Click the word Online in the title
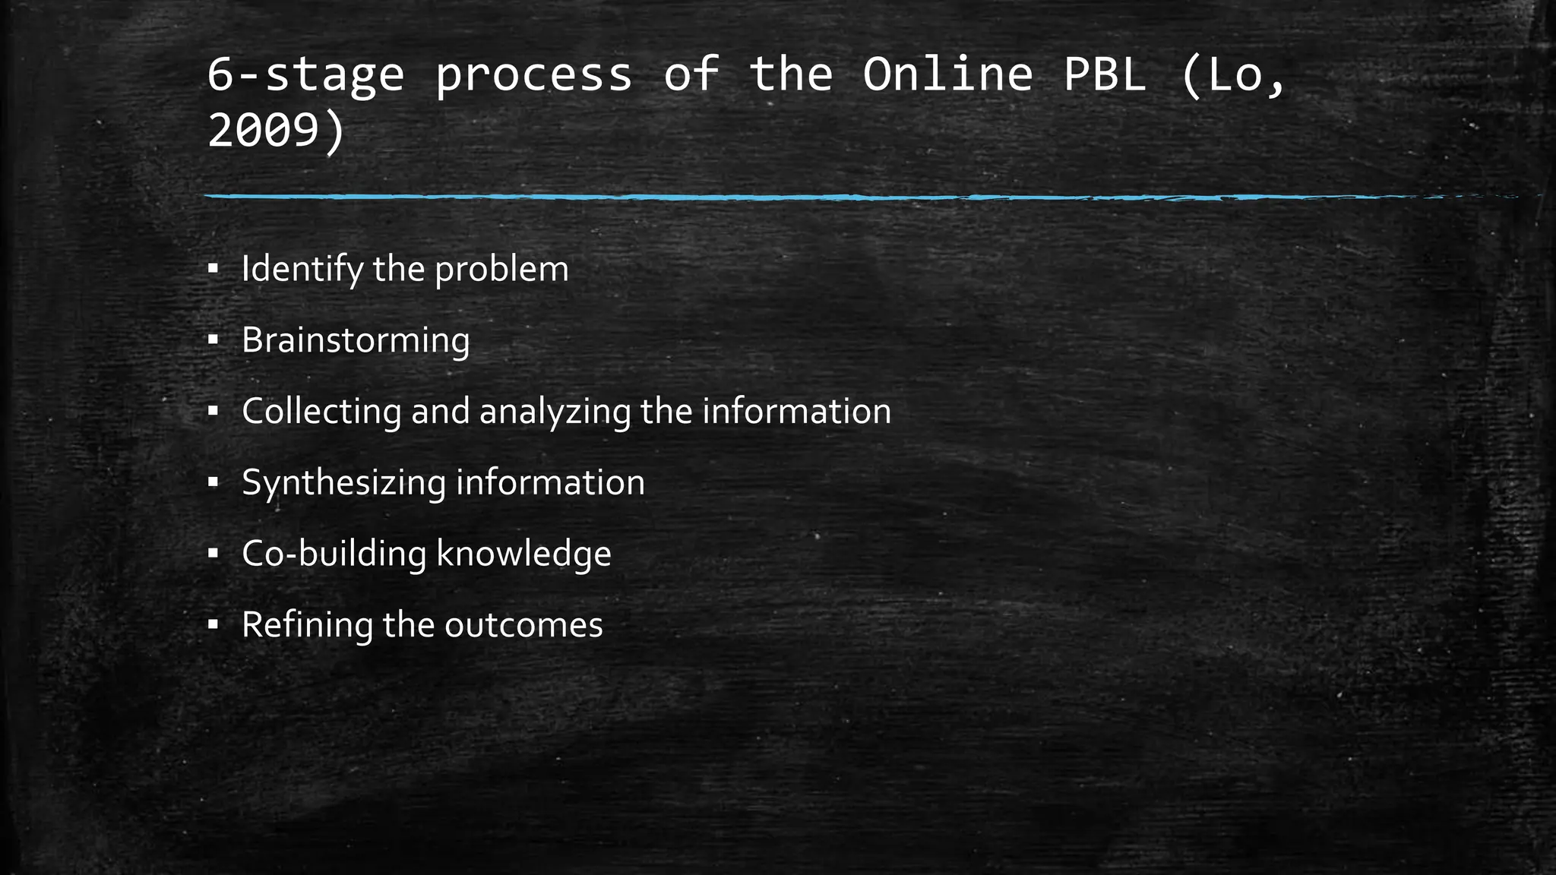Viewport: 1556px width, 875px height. click(x=947, y=74)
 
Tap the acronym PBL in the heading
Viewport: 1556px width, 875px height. click(x=1104, y=74)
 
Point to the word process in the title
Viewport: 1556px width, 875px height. click(x=533, y=74)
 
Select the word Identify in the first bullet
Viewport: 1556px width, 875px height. click(x=302, y=269)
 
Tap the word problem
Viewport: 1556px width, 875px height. click(x=501, y=269)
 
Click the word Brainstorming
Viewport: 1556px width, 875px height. click(x=356, y=340)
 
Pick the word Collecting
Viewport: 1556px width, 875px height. click(x=321, y=411)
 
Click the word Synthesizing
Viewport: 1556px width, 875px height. click(x=343, y=482)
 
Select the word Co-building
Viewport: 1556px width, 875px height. click(x=334, y=553)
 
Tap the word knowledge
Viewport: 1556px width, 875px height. click(x=523, y=553)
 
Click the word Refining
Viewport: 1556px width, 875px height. click(x=307, y=624)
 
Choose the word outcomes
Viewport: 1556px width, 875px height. click(x=523, y=624)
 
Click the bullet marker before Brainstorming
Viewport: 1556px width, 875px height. click(x=213, y=340)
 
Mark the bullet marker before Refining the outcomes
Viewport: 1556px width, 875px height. click(x=213, y=624)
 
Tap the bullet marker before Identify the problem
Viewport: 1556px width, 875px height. click(x=213, y=269)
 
